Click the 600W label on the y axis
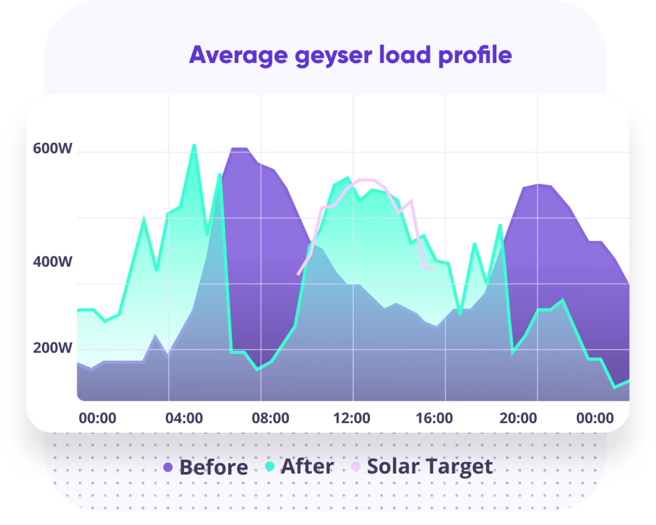[x=52, y=149]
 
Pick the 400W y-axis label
[x=52, y=262]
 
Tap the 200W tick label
[x=52, y=348]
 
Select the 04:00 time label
[x=184, y=418]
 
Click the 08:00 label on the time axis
[x=271, y=418]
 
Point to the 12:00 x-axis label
[x=352, y=418]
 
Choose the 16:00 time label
[x=434, y=418]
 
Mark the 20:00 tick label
[x=518, y=418]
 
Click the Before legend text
[x=213, y=468]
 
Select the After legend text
[x=307, y=466]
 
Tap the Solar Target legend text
[x=430, y=466]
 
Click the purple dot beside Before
[x=168, y=467]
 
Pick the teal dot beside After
[x=270, y=466]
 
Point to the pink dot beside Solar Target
[x=356, y=466]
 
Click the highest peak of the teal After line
[x=194, y=145]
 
